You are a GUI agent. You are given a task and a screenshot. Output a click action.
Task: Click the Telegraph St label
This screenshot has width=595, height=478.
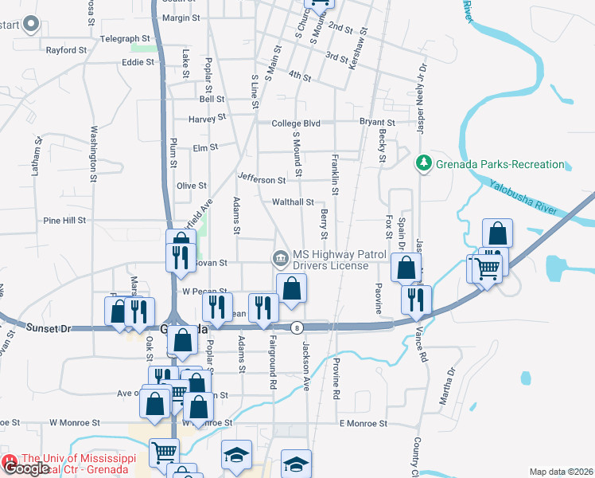125,38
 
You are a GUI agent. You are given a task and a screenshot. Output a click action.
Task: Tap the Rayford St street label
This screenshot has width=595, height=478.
66,50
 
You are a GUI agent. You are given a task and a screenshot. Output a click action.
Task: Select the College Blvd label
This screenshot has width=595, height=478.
295,123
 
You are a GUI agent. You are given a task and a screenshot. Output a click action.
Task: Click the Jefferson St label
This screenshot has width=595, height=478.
261,180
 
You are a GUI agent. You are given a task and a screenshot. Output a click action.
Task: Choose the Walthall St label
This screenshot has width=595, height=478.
294,202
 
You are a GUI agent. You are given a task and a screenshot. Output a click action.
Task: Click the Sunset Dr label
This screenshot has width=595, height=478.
49,327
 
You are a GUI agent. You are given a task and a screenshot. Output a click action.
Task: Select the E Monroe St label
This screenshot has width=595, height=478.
362,424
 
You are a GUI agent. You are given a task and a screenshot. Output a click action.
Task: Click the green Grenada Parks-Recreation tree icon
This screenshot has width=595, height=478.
424,164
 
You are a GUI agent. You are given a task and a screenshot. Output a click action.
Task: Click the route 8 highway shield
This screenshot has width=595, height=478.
297,327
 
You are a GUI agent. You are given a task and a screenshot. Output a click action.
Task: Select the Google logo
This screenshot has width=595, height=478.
26,468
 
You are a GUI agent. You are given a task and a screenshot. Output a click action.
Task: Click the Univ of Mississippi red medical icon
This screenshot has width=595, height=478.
10,462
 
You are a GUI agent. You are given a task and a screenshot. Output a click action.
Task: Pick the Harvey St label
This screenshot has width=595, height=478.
208,118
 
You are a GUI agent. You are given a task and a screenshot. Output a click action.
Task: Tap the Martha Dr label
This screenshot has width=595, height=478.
449,386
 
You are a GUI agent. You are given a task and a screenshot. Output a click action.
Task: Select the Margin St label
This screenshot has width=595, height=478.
180,18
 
